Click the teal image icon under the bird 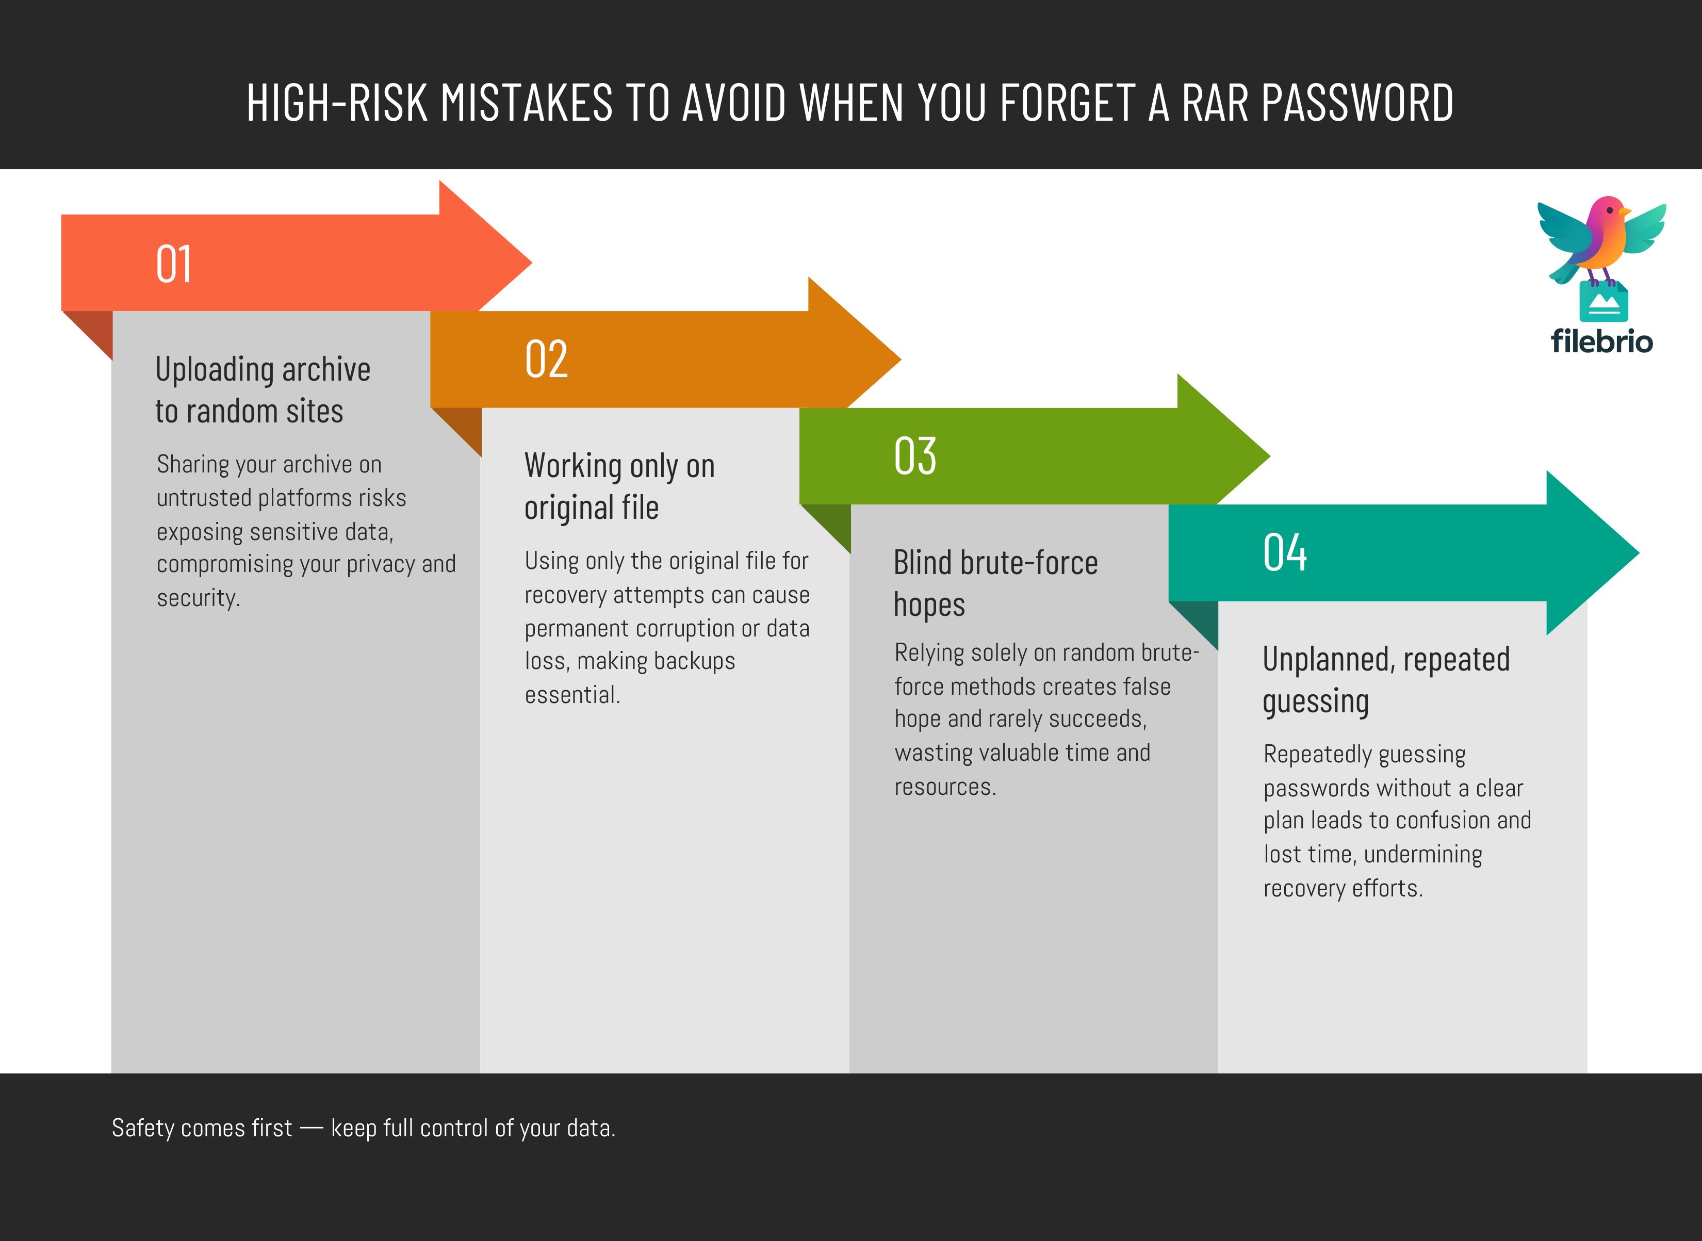pyautogui.click(x=1603, y=302)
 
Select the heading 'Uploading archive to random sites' pyautogui.click(x=263, y=390)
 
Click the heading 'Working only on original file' pyautogui.click(x=619, y=486)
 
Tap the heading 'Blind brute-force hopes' pyautogui.click(x=995, y=583)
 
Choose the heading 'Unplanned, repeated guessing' pyautogui.click(x=1386, y=680)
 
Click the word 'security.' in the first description pyautogui.click(x=198, y=598)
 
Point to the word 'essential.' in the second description pyautogui.click(x=572, y=695)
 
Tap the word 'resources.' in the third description pyautogui.click(x=945, y=787)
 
